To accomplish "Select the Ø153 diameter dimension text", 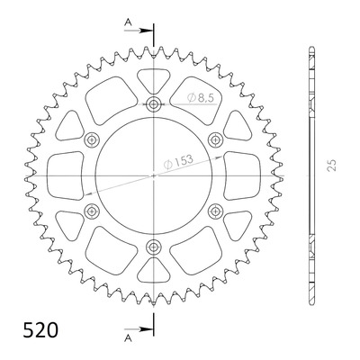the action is (178, 162).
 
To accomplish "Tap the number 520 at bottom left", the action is (40, 329).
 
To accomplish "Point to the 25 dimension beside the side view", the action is (332, 165).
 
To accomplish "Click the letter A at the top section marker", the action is (128, 22).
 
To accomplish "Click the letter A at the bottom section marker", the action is (129, 338).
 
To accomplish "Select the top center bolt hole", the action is (154, 104).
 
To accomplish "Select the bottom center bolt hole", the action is (154, 247).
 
